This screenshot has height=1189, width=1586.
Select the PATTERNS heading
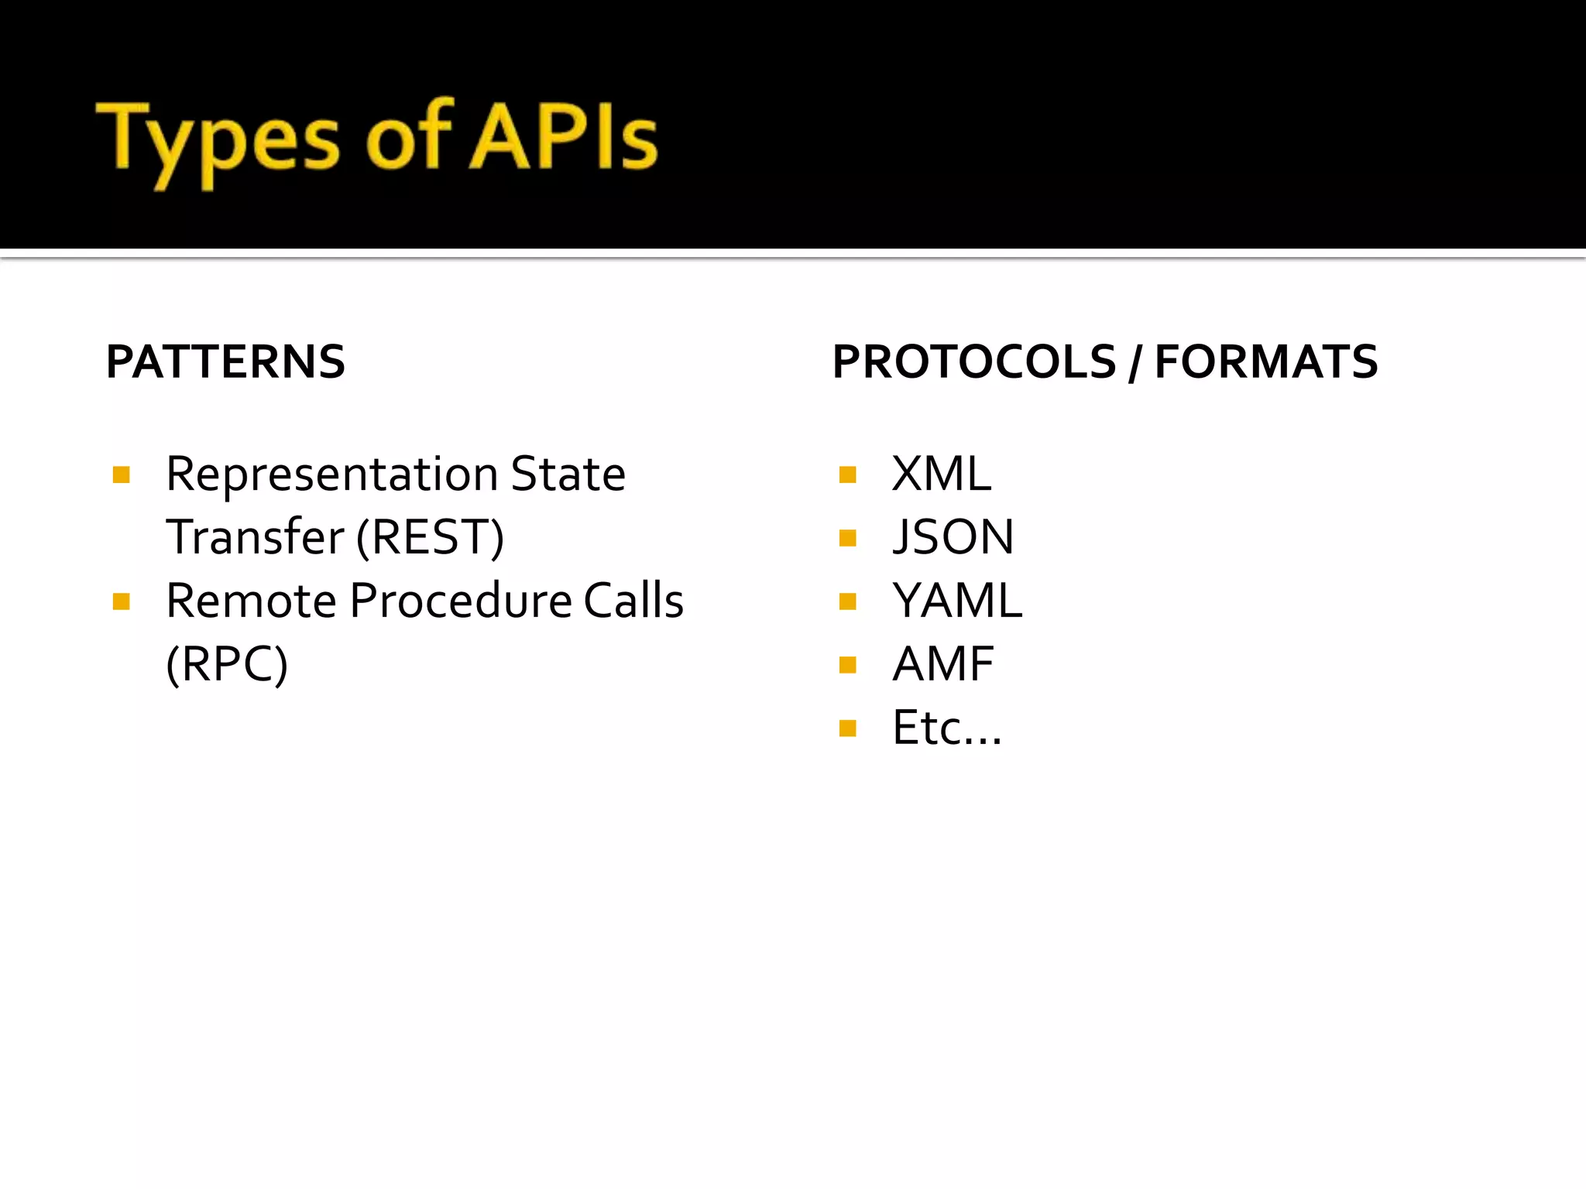225,361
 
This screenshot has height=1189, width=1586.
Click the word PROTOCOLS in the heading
974,361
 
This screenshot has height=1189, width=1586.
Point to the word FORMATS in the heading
1266,361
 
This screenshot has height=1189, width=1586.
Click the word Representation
331,474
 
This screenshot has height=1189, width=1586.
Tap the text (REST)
430,537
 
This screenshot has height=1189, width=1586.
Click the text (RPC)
227,664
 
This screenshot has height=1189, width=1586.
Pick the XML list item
941,474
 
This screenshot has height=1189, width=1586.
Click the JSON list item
953,537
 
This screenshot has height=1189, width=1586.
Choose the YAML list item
957,601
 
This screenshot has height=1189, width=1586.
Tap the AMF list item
943,664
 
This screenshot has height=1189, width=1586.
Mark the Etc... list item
946,728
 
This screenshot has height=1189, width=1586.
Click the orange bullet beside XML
848,475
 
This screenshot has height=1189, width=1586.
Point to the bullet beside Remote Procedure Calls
121,601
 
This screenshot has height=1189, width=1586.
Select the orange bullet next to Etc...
848,728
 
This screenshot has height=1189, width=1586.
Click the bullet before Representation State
121,475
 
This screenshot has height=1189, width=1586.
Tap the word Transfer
254,537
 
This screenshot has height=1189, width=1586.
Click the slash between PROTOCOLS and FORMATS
1135,363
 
